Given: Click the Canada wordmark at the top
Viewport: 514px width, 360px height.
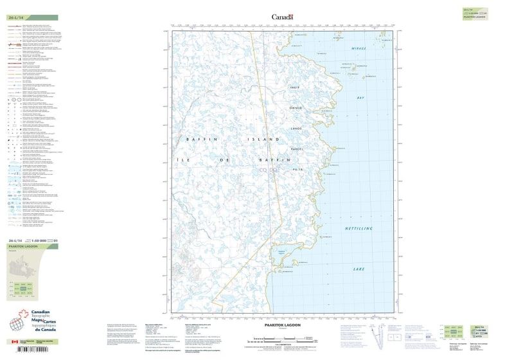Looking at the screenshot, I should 282,17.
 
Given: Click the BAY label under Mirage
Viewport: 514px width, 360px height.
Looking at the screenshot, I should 360,97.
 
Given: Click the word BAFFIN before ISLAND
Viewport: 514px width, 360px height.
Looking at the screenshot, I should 197,138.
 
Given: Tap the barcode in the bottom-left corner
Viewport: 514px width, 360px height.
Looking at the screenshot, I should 25,350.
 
